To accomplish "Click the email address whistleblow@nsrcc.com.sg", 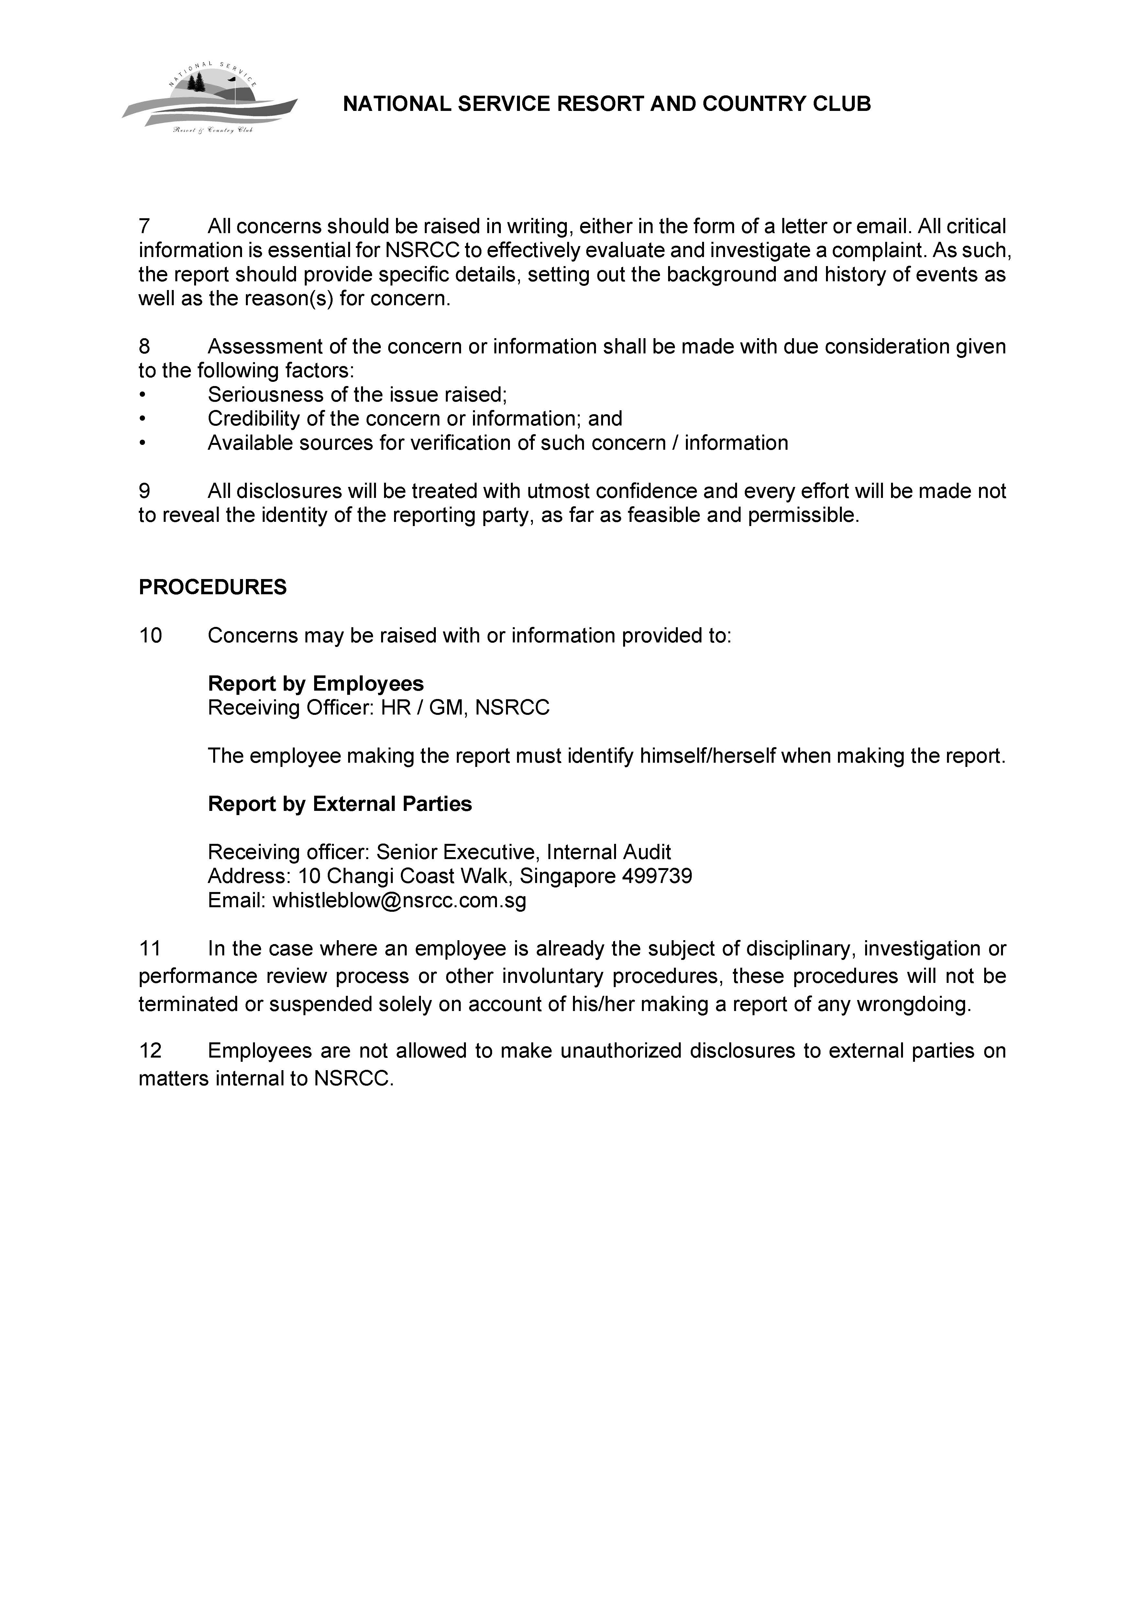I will [x=399, y=900].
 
